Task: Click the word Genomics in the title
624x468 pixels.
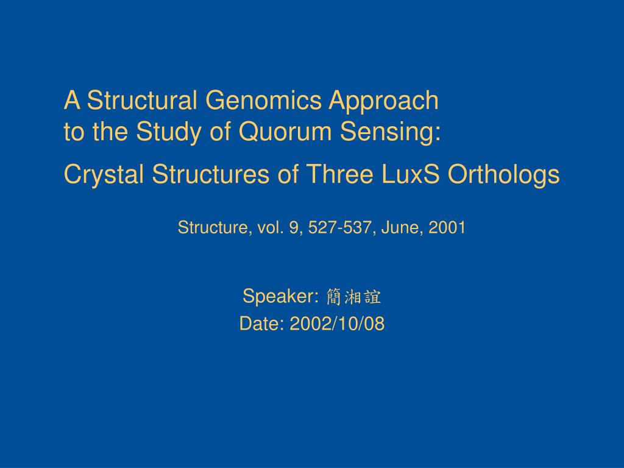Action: [263, 100]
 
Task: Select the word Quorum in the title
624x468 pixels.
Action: [285, 132]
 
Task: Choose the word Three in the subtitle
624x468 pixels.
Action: [340, 174]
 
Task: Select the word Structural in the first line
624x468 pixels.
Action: [142, 100]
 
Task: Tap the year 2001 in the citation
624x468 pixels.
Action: [447, 228]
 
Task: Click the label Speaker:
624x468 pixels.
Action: [281, 297]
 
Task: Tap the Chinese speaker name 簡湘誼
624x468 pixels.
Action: [353, 297]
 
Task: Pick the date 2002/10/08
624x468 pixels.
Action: [337, 323]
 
